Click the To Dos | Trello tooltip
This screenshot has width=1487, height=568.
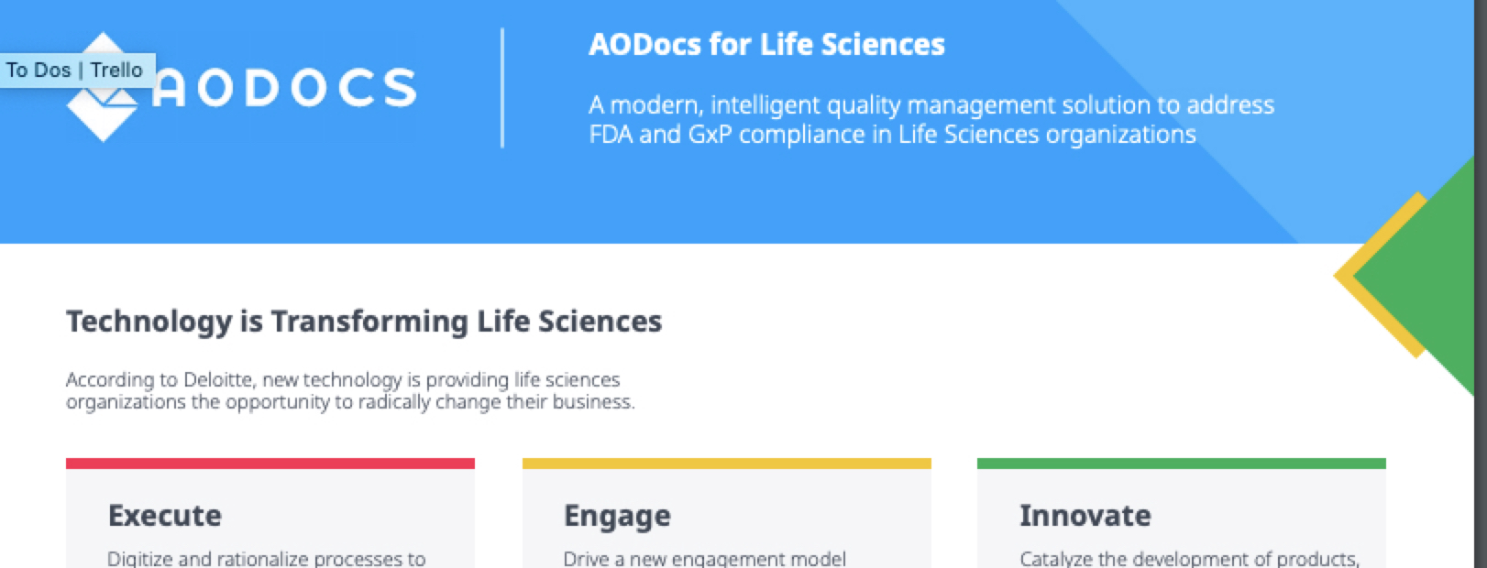coord(78,70)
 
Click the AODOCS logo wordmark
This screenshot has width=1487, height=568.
coord(284,88)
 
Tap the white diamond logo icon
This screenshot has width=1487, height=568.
coord(103,87)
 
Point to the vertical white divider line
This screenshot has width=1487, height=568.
coord(502,88)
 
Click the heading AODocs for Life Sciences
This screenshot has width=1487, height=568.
coord(766,45)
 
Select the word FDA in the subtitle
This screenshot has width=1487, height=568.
coord(611,135)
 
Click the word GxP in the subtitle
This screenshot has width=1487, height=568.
coord(710,135)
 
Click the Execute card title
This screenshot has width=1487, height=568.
coord(165,516)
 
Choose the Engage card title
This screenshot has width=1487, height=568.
coord(617,517)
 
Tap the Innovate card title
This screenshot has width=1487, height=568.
coord(1085,516)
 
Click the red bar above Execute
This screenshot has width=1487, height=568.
coord(270,464)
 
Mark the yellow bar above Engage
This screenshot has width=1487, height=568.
coord(727,464)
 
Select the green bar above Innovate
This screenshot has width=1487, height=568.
coord(1182,464)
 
